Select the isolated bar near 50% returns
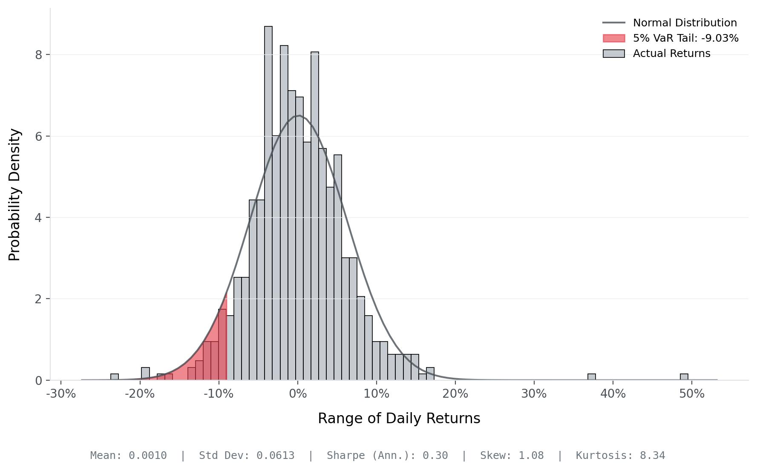(684, 377)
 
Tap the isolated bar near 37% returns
(591, 377)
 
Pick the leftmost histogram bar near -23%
(115, 377)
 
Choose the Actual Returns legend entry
(671, 54)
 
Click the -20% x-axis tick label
(140, 394)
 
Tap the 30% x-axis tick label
(534, 394)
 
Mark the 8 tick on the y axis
(39, 55)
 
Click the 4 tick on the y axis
(39, 218)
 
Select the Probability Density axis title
(14, 195)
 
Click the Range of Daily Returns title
(399, 419)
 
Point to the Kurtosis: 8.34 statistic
(620, 456)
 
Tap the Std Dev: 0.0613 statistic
(247, 456)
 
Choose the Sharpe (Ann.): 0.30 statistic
(387, 456)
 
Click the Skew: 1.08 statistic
(512, 456)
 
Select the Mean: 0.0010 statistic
(128, 456)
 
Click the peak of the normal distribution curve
(299, 115)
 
